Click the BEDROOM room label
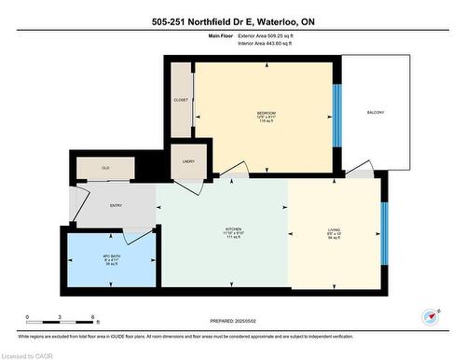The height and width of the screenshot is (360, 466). pyautogui.click(x=266, y=113)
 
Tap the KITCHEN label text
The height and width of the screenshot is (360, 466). pyautogui.click(x=233, y=229)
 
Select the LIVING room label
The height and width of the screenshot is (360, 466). pyautogui.click(x=335, y=229)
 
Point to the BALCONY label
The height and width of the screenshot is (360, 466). pyautogui.click(x=376, y=113)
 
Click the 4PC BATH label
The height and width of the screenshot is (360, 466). pyautogui.click(x=112, y=257)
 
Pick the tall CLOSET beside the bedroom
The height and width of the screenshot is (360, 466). pyautogui.click(x=181, y=100)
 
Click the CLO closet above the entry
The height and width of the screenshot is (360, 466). pyautogui.click(x=105, y=168)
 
